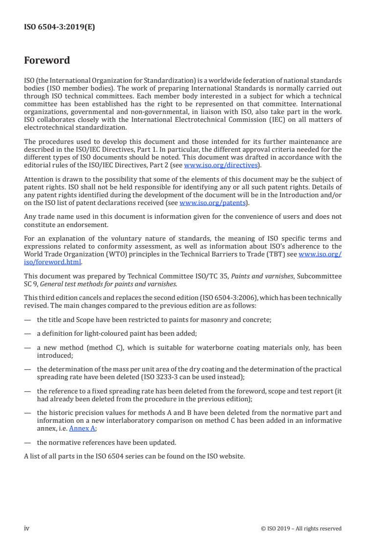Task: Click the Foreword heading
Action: [x=47, y=61]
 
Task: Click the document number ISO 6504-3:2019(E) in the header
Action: [x=60, y=27]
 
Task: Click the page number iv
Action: [x=27, y=528]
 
